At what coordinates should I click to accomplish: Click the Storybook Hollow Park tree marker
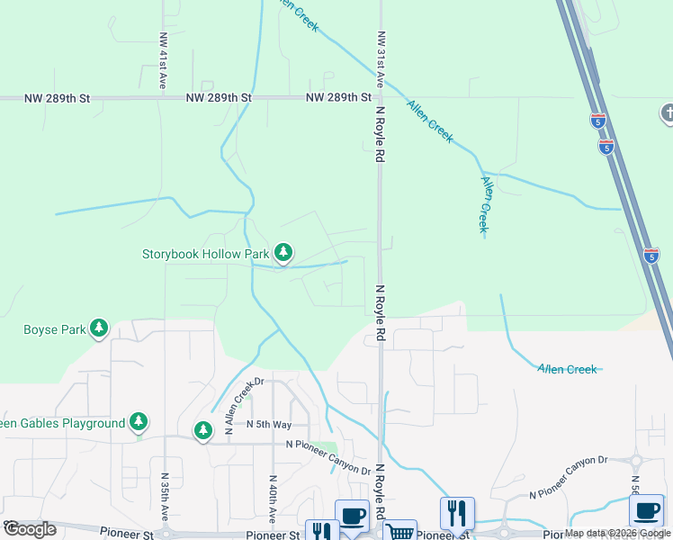[283, 253]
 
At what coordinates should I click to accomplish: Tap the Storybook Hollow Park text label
[206, 255]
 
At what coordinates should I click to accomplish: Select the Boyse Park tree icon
[99, 329]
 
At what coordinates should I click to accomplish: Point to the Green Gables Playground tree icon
[138, 422]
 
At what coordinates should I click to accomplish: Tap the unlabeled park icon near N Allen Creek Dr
[203, 432]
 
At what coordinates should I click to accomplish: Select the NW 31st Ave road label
[381, 58]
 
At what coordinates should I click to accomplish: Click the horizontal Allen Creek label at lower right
[567, 369]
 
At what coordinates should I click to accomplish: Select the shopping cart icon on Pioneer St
[400, 531]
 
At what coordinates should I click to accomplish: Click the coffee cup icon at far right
[646, 511]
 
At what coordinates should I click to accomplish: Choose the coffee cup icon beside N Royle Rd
[353, 516]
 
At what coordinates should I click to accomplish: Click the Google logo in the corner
[30, 529]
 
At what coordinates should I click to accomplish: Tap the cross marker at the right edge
[666, 113]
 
